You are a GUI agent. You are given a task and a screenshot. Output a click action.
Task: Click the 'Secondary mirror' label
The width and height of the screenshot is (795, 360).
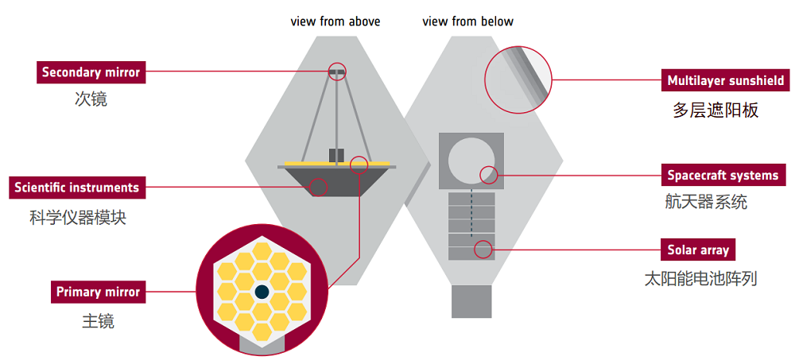[x=91, y=72]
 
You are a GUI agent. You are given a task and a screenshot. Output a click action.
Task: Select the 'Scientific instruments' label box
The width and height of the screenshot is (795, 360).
[x=76, y=188]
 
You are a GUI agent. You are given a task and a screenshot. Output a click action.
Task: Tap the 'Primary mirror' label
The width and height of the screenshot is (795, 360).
[x=98, y=292]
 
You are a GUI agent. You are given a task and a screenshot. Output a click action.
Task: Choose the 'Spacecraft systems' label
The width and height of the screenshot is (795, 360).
[x=723, y=175]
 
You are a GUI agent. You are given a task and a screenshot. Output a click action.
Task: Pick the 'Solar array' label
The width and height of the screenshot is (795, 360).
[x=698, y=250]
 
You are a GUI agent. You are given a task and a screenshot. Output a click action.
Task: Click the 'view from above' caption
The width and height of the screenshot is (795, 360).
[x=335, y=21]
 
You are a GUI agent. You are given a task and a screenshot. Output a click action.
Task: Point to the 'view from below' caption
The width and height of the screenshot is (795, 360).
[x=467, y=21]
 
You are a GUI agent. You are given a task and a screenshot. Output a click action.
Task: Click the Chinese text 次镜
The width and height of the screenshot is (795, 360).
[x=91, y=99]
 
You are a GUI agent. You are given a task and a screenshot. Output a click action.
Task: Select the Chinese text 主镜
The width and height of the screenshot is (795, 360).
[x=98, y=321]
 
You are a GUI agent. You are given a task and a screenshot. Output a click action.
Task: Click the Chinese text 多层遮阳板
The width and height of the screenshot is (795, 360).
[x=715, y=110]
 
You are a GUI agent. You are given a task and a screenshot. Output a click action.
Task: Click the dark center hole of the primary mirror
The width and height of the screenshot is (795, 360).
[x=261, y=292]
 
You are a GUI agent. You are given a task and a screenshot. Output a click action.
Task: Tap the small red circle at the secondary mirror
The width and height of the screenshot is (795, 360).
[x=337, y=72]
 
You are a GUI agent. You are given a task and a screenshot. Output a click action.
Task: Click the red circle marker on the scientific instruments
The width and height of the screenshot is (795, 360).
[x=318, y=188]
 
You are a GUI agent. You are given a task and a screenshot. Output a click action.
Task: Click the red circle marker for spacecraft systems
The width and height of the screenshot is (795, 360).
[x=488, y=174]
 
